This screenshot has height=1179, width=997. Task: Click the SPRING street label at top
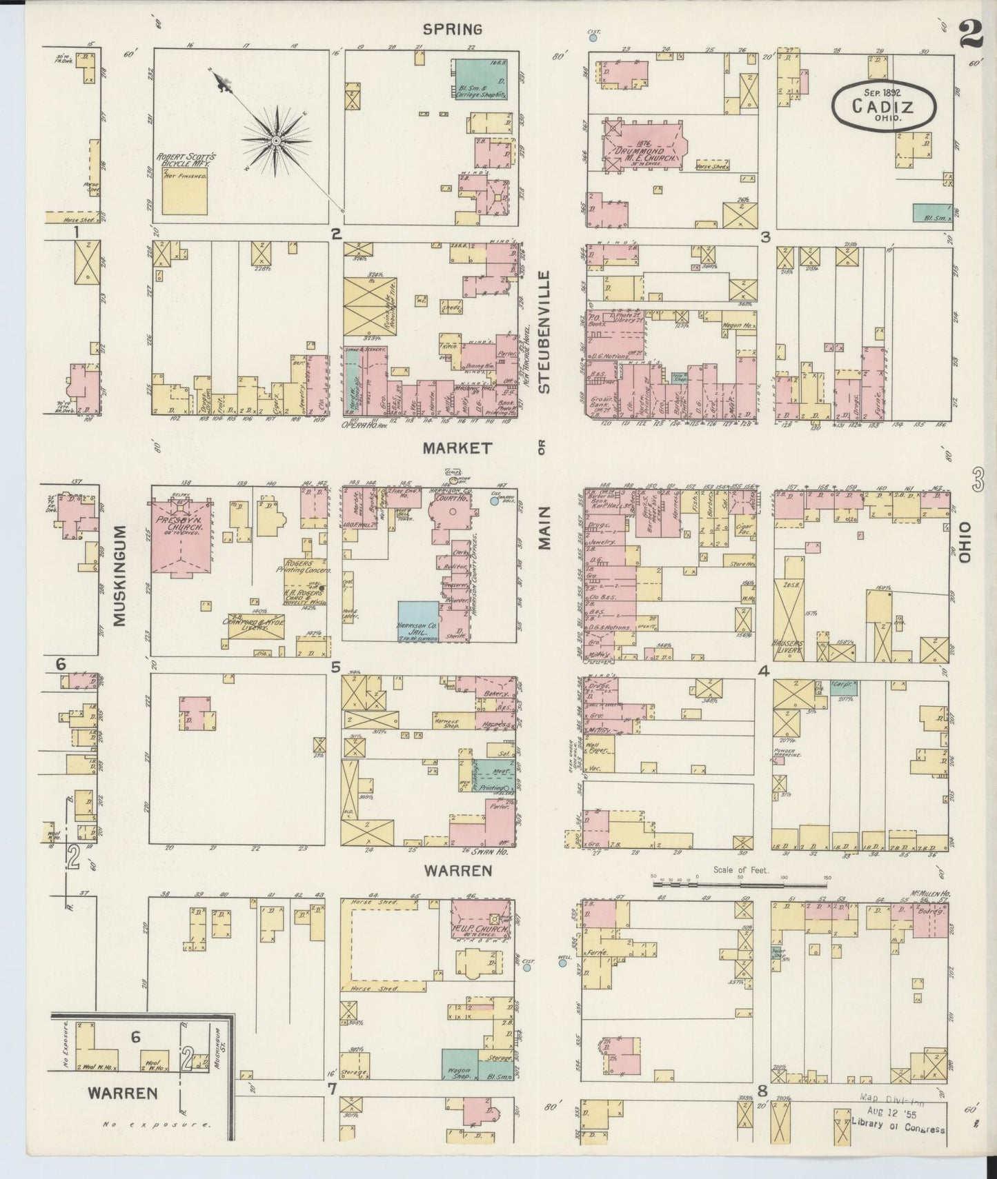coord(452,29)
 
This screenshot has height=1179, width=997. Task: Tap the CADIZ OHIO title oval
coord(883,105)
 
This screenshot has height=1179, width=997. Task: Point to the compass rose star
coord(276,141)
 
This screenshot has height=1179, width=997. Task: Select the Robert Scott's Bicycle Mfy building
coord(185,192)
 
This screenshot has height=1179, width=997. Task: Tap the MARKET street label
coord(457,448)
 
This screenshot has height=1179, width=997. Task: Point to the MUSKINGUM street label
coord(119,576)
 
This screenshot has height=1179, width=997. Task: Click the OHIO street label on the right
coord(964,543)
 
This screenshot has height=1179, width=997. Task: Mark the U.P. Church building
coord(481,920)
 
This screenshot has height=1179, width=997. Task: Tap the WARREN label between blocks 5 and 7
coord(448,870)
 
